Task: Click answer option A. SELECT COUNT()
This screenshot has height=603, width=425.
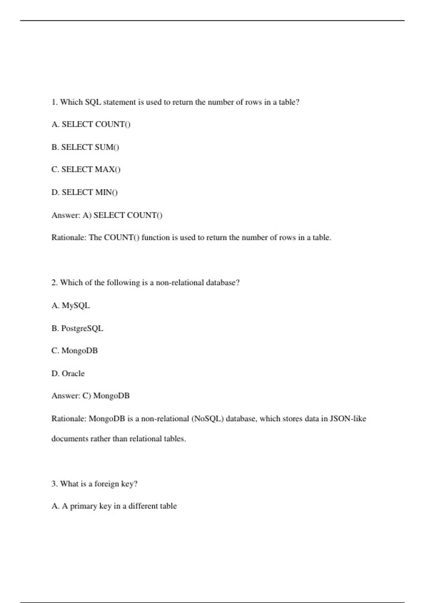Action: (91, 125)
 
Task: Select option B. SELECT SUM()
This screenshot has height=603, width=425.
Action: (85, 147)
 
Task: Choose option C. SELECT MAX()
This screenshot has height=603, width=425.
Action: (86, 170)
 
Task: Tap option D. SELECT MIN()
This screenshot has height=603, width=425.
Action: (84, 192)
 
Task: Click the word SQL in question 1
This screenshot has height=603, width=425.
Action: (93, 102)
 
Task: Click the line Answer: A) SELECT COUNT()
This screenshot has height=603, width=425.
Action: (107, 215)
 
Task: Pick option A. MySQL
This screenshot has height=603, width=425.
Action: (70, 305)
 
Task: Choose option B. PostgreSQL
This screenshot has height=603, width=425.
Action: (77, 328)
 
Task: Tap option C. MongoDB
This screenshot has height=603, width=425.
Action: (74, 351)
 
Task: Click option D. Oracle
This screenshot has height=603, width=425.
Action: (68, 374)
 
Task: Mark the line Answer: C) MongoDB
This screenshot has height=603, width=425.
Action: (90, 396)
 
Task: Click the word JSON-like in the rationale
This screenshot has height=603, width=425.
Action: (348, 419)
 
